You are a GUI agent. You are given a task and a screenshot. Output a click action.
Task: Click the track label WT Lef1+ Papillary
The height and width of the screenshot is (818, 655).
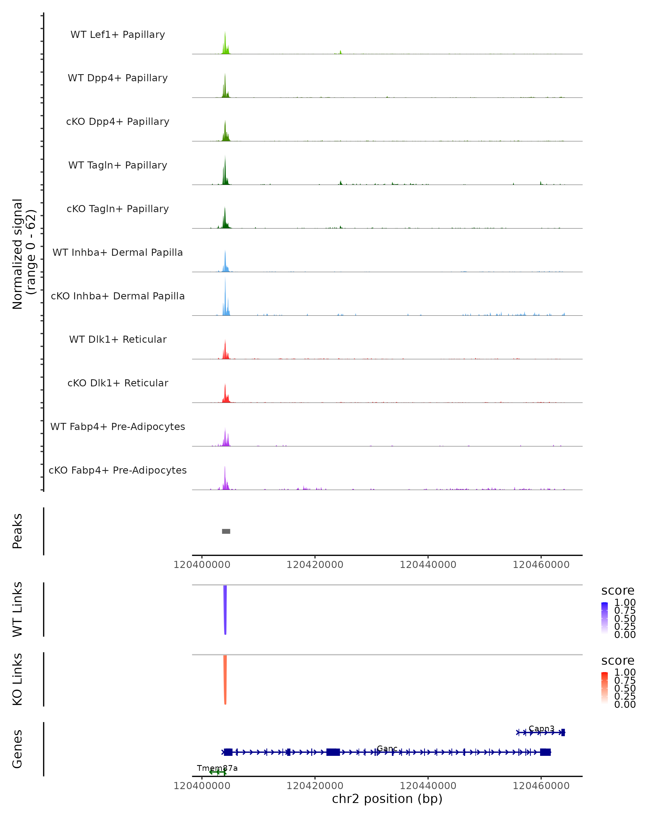pyautogui.click(x=118, y=35)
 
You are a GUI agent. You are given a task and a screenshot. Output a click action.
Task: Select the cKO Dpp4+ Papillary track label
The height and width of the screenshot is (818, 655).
pyautogui.click(x=118, y=122)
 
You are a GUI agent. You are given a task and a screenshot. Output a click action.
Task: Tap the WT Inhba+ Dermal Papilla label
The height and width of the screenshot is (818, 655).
pyautogui.click(x=118, y=253)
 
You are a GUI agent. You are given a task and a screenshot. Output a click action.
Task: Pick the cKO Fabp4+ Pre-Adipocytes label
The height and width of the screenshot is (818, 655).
pyautogui.click(x=118, y=470)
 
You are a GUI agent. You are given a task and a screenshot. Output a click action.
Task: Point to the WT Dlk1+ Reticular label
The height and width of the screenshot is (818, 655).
pyautogui.click(x=118, y=339)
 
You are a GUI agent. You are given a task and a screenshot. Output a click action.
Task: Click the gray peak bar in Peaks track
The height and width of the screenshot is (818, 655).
pyautogui.click(x=226, y=531)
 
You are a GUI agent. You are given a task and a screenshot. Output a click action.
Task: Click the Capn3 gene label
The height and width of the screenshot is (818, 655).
pyautogui.click(x=541, y=729)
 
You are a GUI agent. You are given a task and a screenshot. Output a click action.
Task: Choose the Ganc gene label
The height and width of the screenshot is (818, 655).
pyautogui.click(x=387, y=748)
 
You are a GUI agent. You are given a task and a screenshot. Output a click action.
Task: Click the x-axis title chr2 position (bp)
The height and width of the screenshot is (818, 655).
pyautogui.click(x=387, y=799)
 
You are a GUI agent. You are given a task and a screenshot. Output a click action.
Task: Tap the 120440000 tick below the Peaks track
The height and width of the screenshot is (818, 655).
pyautogui.click(x=428, y=565)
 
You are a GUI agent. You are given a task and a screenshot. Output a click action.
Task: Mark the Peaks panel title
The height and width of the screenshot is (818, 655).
pyautogui.click(x=17, y=531)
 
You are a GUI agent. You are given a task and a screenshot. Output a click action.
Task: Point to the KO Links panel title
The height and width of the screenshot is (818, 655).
pyautogui.click(x=17, y=679)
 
